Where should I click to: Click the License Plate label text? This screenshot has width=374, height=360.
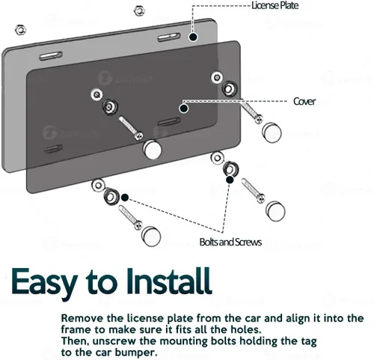275,5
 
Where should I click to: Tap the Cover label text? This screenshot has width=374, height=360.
304,101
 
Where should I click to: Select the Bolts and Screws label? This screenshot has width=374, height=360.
230,242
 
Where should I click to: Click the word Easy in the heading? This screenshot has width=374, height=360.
43,282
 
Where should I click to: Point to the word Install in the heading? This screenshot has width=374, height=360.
168,280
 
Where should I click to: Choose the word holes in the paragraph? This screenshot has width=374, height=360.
245,329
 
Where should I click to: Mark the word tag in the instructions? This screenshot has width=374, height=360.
308,342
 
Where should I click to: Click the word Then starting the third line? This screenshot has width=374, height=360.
75,341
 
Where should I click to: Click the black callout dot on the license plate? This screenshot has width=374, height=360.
193,37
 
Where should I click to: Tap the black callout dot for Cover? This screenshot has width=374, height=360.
184,109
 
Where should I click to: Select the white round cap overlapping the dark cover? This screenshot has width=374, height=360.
152,150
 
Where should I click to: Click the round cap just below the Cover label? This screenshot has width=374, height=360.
272,132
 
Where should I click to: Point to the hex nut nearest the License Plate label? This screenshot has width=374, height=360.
139,10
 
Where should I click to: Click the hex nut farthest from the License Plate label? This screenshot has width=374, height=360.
21,30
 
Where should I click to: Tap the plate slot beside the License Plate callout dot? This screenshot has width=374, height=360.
169,37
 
